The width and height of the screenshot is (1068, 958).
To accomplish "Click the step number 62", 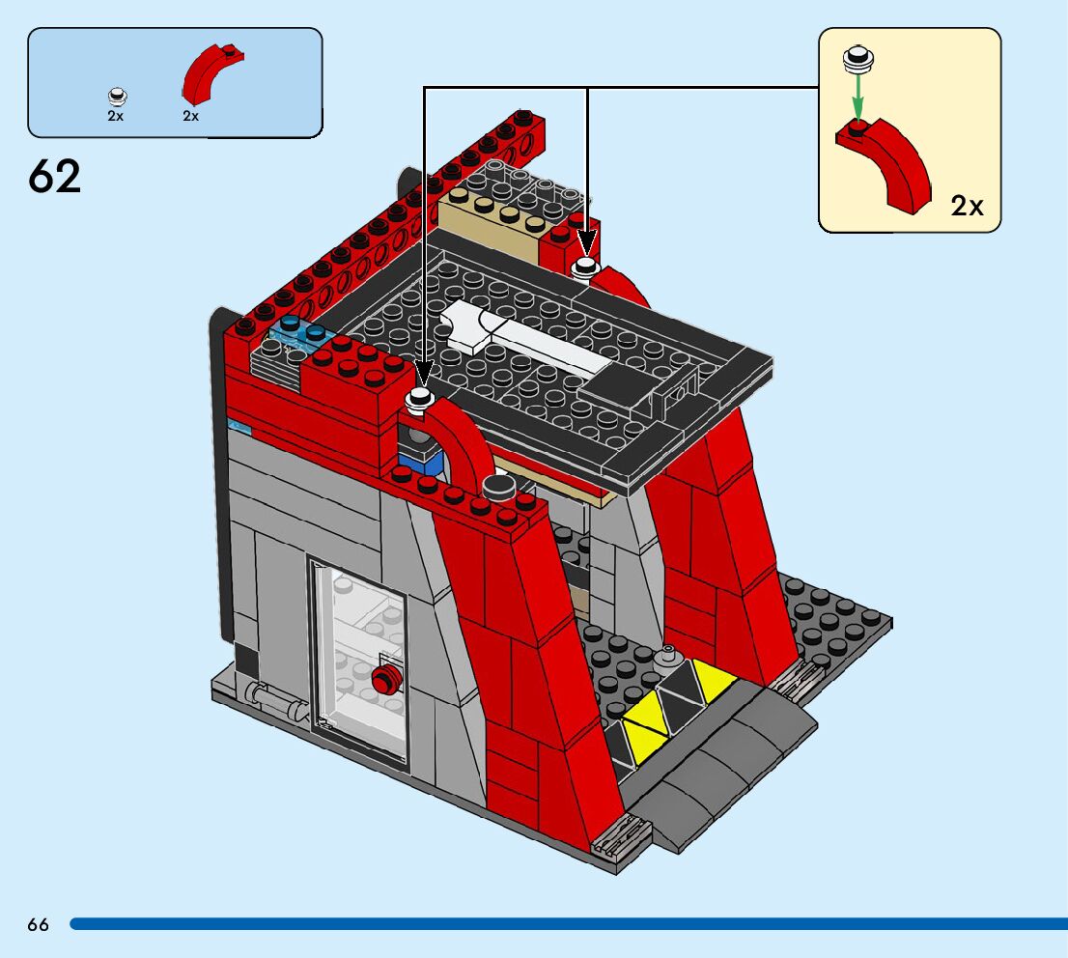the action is [x=55, y=176].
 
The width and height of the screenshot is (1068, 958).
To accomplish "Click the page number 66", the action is [x=38, y=924].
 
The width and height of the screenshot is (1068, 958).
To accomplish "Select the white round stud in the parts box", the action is [x=117, y=95].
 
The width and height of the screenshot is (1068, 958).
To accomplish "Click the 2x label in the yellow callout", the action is [x=967, y=206].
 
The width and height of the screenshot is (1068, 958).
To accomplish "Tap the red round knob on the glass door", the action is [x=384, y=681].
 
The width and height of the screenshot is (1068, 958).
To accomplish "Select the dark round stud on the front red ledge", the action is [x=497, y=486].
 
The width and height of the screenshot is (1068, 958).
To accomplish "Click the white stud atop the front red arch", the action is [x=420, y=399].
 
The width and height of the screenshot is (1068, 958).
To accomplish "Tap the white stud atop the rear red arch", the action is [x=585, y=268].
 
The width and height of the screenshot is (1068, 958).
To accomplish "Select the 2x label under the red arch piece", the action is [x=190, y=116].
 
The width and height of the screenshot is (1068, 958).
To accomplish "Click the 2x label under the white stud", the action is [x=116, y=116].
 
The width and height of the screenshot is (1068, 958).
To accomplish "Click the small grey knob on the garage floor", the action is [x=664, y=658].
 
